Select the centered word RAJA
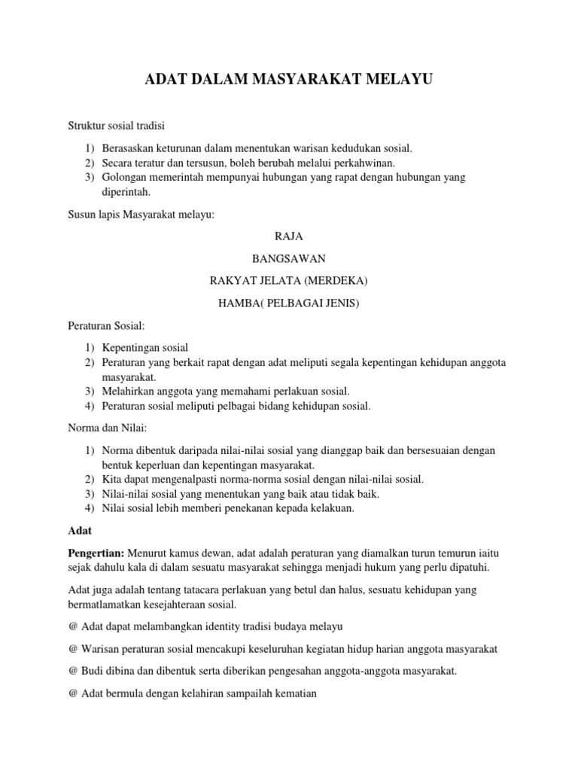pyautogui.click(x=289, y=236)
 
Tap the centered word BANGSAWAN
pyautogui.click(x=289, y=258)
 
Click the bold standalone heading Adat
pyautogui.click(x=80, y=531)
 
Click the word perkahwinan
pyautogui.click(x=361, y=163)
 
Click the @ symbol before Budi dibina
pyautogui.click(x=73, y=672)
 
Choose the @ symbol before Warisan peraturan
pyautogui.click(x=73, y=649)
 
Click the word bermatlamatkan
pyautogui.click(x=104, y=605)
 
